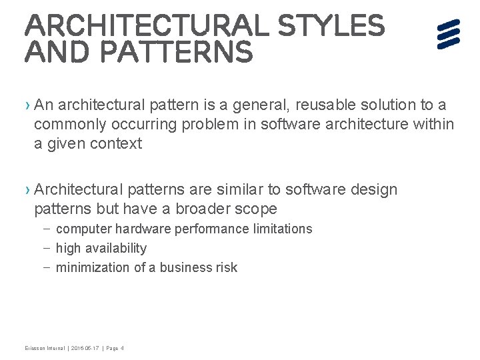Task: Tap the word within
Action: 433,124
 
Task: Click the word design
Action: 375,190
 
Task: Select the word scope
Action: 256,209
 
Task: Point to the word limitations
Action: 279,229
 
